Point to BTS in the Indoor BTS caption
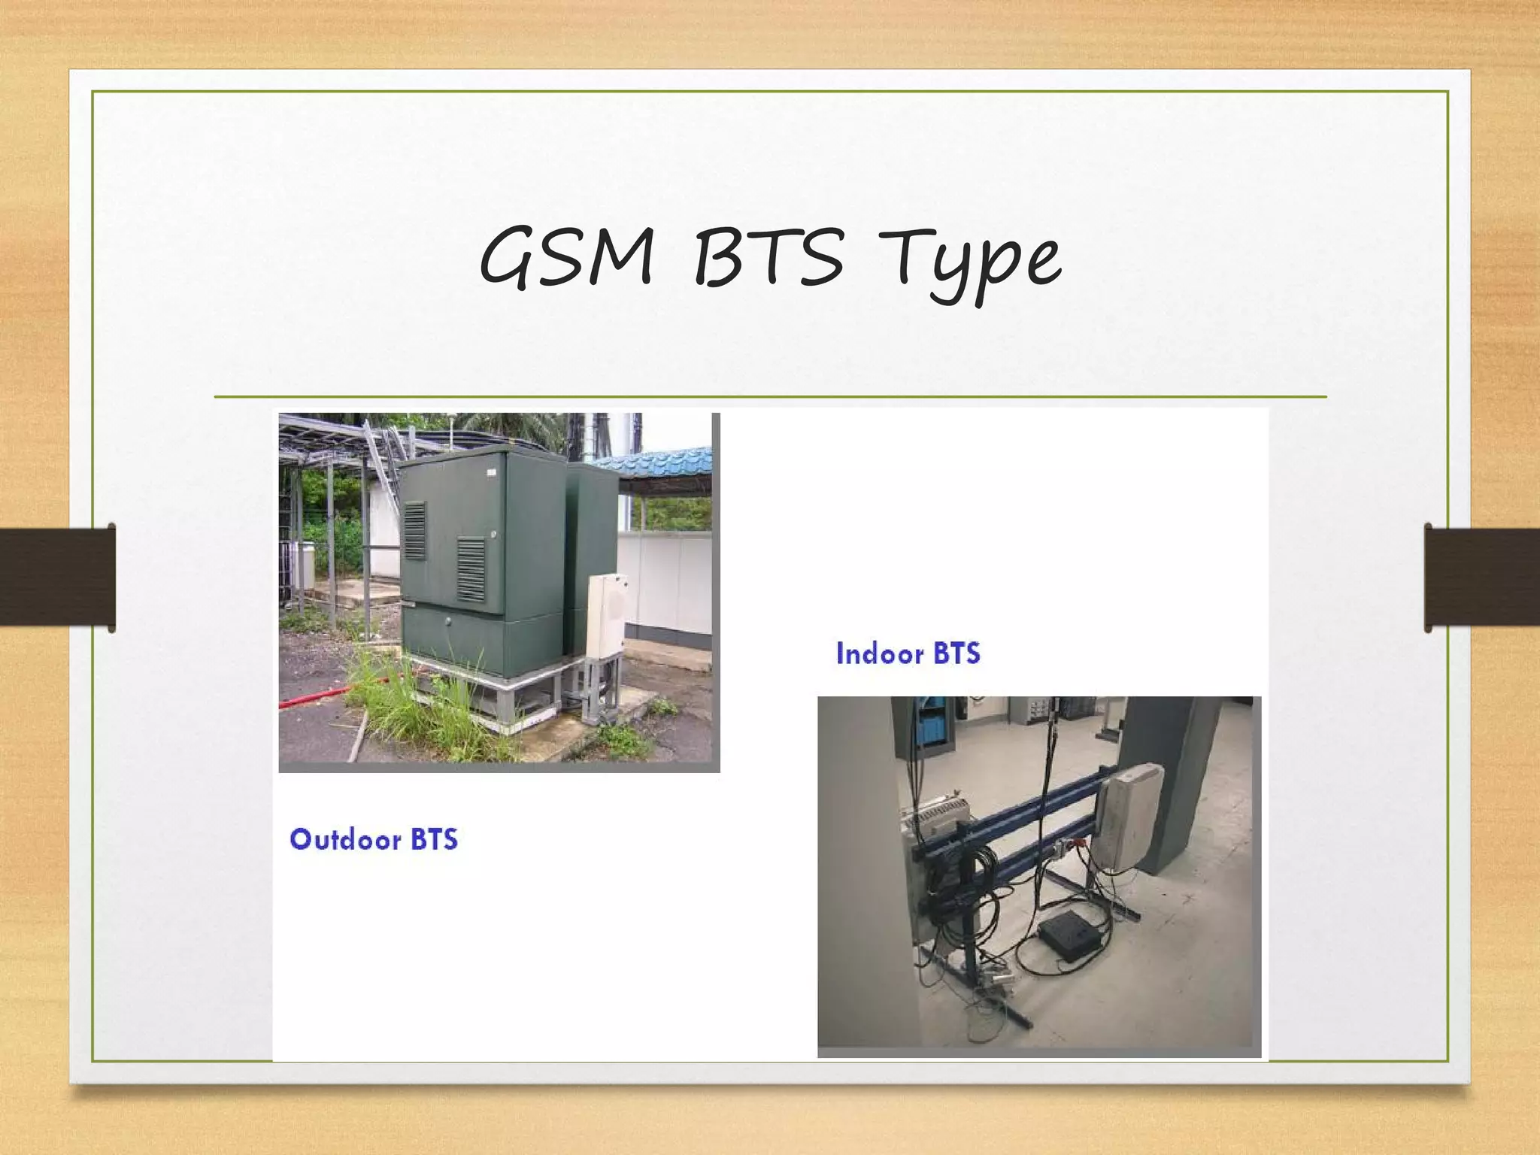click(956, 653)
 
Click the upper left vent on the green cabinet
click(414, 530)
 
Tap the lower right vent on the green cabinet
click(471, 569)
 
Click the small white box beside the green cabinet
click(606, 615)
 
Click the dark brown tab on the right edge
click(1481, 577)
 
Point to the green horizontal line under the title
click(770, 396)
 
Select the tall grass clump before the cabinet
click(421, 707)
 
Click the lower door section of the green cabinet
click(481, 639)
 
